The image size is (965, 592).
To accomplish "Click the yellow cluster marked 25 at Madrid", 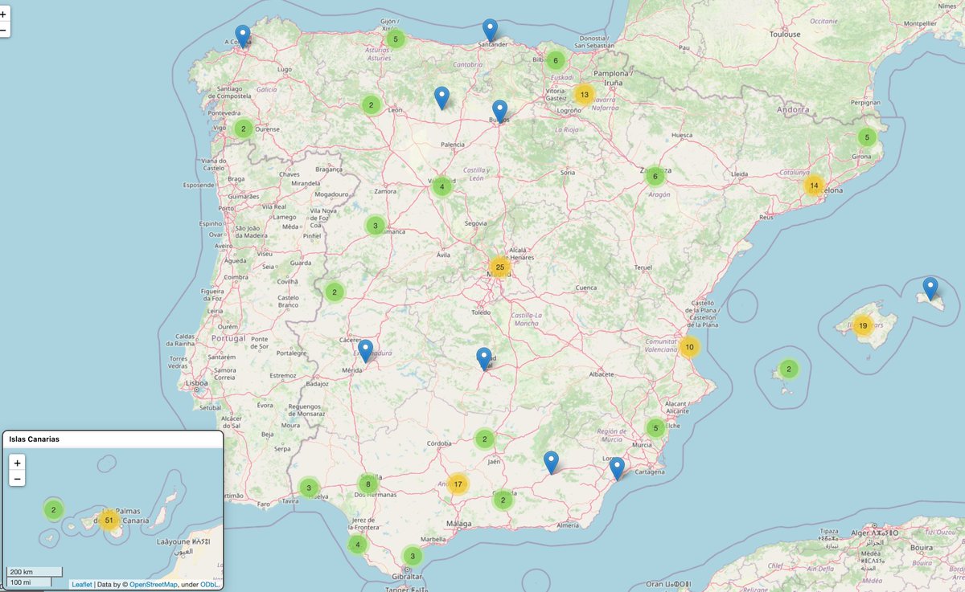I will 499,267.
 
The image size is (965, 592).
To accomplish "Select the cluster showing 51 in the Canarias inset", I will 109,521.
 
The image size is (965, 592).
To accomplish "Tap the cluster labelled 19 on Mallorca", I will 862,325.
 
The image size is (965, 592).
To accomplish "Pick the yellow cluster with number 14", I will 814,186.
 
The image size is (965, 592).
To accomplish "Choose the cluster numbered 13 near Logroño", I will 585,95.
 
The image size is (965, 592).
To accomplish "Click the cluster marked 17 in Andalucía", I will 458,484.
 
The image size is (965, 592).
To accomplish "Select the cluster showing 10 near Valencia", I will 689,347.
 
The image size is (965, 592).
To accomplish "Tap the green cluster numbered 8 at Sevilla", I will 368,484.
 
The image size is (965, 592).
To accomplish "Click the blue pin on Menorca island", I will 930,288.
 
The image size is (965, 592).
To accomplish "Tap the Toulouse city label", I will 785,35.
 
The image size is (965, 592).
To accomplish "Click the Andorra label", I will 794,109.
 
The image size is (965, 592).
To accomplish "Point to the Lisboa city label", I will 197,384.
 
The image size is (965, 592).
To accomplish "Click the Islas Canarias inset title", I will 34,439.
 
